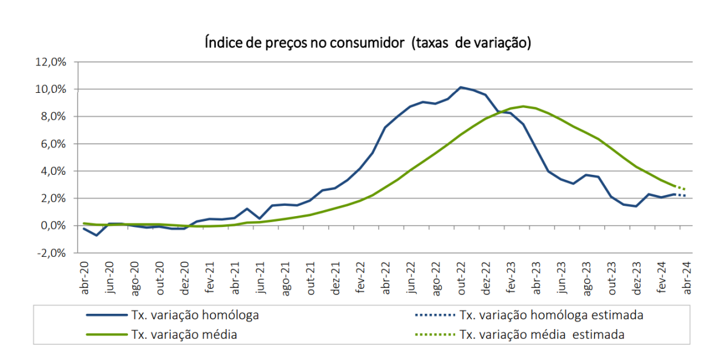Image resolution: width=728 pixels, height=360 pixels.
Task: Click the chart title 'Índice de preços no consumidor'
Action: click(x=366, y=43)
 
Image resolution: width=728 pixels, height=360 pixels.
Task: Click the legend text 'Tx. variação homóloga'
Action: click(x=195, y=315)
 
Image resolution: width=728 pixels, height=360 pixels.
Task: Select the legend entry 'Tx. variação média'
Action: click(x=184, y=335)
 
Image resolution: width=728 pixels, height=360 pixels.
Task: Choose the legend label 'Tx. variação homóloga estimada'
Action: click(x=551, y=315)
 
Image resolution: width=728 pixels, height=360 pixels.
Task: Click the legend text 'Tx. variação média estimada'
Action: click(x=542, y=335)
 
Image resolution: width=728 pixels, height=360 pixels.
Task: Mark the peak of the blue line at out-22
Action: click(x=461, y=87)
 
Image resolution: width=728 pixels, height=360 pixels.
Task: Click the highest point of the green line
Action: click(x=524, y=106)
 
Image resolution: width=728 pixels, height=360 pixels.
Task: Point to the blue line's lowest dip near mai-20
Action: click(x=96, y=235)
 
